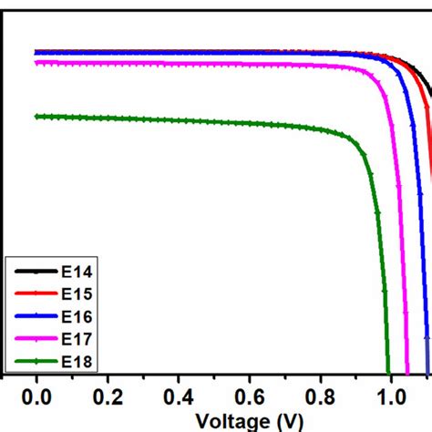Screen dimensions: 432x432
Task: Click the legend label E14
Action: click(76, 271)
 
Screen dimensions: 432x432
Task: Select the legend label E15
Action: click(76, 293)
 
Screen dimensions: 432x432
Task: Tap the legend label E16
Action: click(76, 316)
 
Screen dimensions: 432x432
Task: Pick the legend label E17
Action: click(76, 339)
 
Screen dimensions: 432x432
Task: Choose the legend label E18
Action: click(76, 362)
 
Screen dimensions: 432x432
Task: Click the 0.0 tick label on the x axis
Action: click(37, 398)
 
